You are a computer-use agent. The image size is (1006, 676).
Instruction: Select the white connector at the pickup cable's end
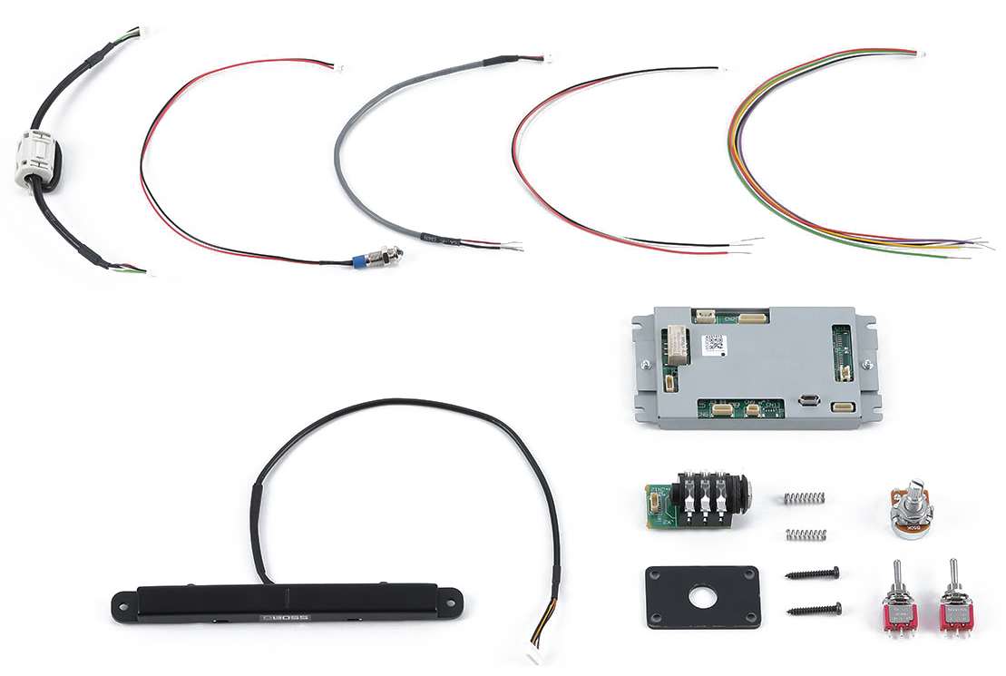coord(533,656)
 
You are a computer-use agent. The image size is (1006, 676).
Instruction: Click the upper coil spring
coord(805,497)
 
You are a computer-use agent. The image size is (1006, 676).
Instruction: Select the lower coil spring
coord(806,534)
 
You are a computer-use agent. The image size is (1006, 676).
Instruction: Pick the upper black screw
coord(812,573)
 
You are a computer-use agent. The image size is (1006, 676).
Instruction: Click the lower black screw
coord(814,609)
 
